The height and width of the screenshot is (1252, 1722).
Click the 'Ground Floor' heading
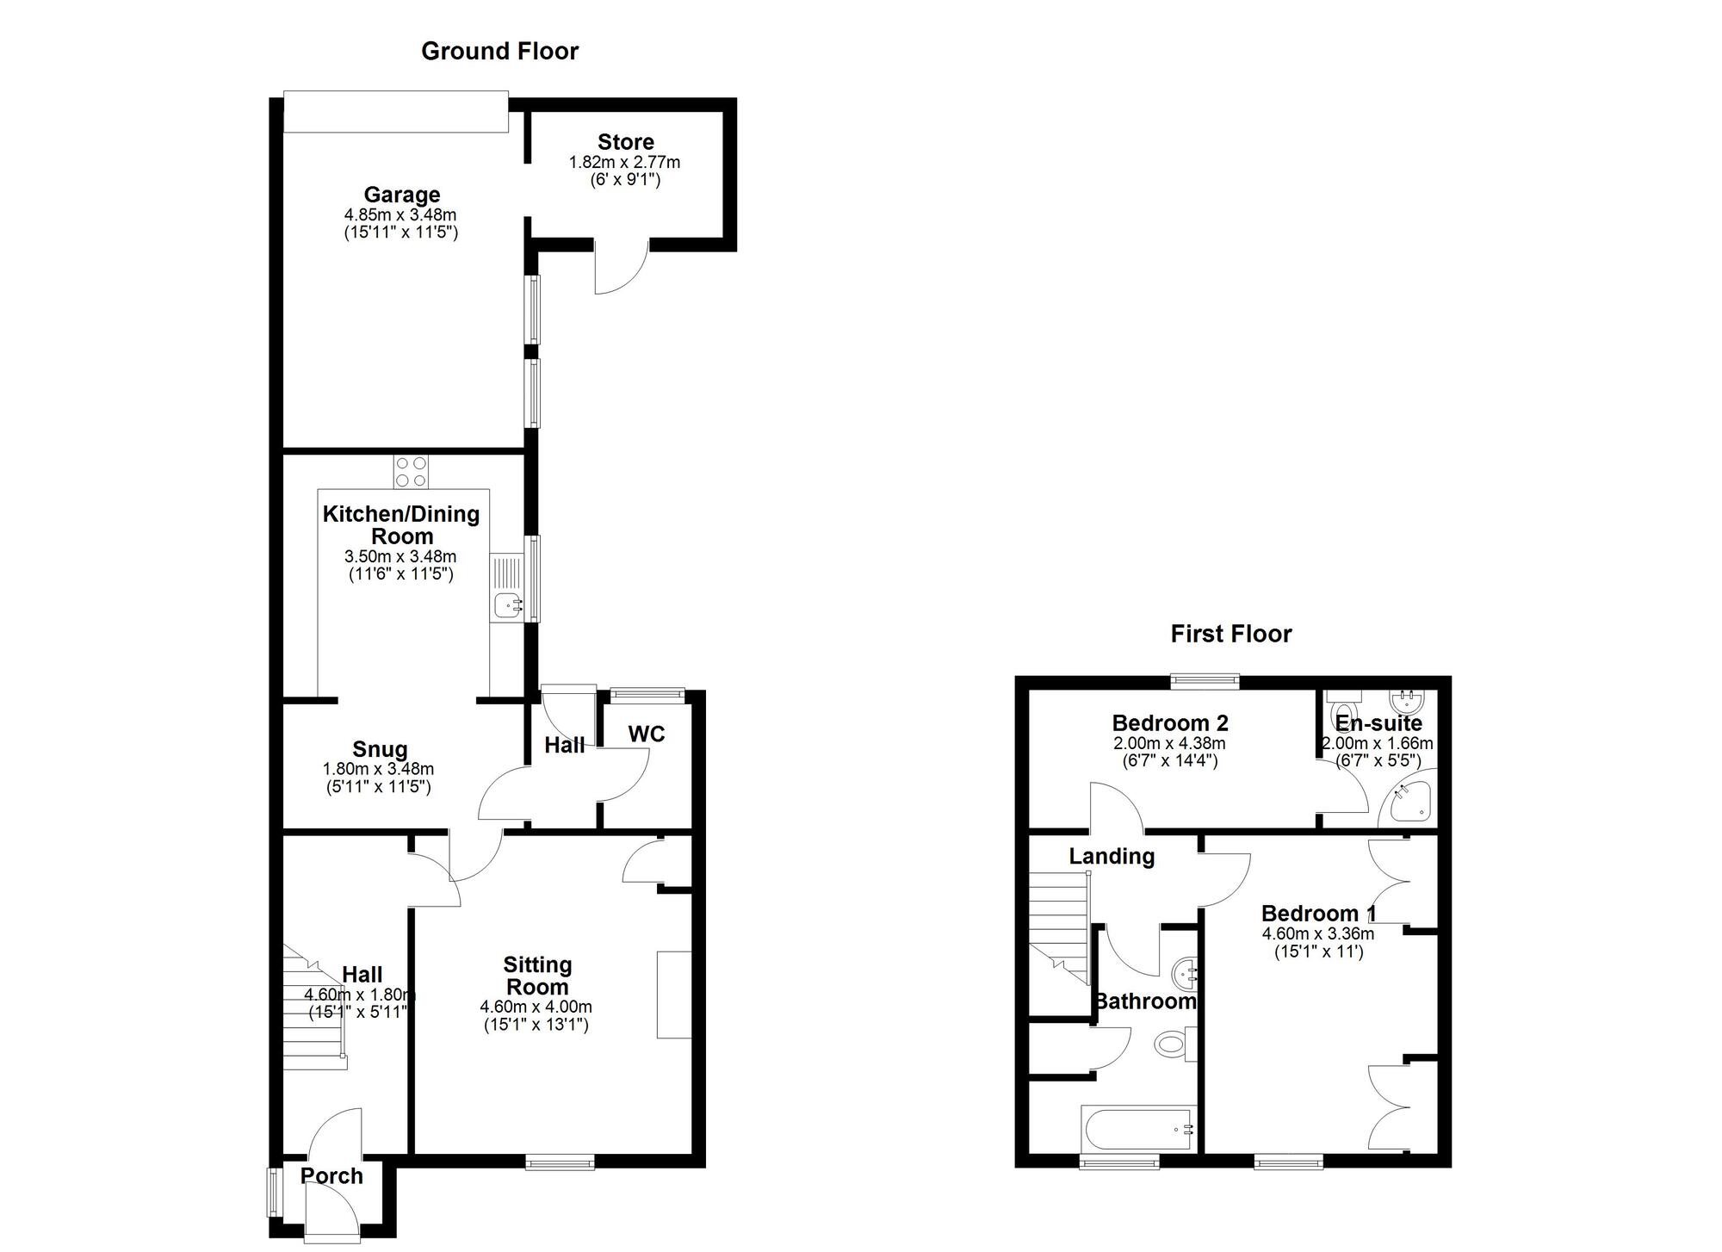(499, 51)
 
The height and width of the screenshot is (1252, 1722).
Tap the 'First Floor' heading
(1230, 635)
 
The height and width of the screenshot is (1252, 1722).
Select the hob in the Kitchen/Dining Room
(412, 471)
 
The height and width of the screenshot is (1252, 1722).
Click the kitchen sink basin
(506, 606)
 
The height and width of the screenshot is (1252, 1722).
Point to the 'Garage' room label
(401, 195)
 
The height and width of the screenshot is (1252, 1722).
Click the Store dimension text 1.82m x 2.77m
(624, 162)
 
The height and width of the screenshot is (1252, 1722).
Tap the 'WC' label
(646, 734)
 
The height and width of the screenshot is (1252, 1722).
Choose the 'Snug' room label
(380, 749)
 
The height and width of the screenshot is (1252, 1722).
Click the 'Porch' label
(331, 1175)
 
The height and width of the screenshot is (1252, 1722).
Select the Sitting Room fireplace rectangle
(674, 995)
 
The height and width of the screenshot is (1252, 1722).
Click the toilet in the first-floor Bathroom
(1173, 1044)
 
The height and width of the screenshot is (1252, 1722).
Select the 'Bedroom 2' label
(1169, 722)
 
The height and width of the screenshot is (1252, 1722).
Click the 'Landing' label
(1111, 856)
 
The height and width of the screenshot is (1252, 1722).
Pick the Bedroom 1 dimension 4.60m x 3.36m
(1317, 933)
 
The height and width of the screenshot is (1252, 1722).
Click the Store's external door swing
(617, 269)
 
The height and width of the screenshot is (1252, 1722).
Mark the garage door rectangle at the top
(396, 112)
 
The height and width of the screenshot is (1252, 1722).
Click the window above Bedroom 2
(1205, 681)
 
